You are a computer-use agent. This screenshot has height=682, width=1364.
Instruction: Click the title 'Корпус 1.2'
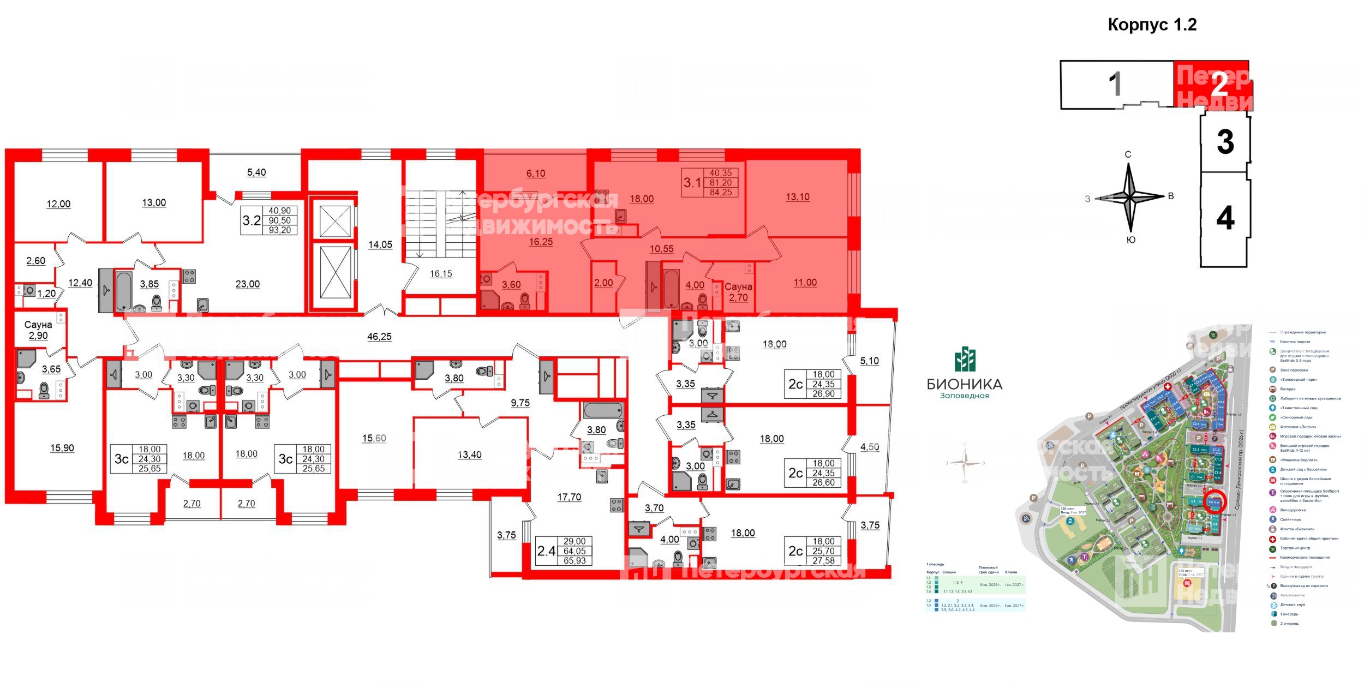(1152, 25)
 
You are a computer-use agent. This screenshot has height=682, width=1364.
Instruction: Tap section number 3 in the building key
(1225, 142)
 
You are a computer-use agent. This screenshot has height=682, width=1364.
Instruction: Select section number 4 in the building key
(1225, 219)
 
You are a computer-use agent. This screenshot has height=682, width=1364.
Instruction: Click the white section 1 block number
(1116, 85)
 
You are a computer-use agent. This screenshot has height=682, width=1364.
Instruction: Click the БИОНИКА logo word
(965, 384)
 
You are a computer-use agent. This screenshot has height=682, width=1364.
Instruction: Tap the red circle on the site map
(1214, 501)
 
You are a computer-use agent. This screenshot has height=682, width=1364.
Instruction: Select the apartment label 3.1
(692, 182)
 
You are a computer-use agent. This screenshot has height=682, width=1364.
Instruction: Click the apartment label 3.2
(252, 220)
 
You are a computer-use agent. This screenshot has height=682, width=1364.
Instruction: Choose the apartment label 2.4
(546, 551)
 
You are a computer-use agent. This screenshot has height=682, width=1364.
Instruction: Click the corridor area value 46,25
(379, 337)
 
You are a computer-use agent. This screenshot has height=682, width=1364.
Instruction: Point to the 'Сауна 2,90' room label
(38, 330)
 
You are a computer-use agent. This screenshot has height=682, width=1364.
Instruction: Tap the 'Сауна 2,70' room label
(738, 292)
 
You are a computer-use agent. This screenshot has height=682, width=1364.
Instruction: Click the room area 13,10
(797, 197)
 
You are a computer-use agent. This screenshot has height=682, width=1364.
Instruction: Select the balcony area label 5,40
(256, 172)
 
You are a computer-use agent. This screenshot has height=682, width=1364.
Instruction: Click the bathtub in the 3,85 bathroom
(124, 291)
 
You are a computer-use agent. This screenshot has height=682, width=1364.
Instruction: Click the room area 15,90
(62, 448)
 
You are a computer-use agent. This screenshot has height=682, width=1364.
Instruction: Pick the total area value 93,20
(280, 230)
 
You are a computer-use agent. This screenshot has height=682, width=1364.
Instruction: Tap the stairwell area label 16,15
(441, 274)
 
